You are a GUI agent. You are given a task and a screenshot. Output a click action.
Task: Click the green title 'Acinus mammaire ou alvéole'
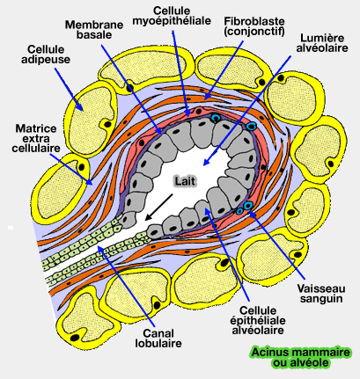point(299,357)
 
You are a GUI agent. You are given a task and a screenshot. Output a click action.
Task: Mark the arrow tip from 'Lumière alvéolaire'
point(204,164)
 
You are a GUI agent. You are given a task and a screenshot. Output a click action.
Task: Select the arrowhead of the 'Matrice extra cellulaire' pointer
point(92,182)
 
